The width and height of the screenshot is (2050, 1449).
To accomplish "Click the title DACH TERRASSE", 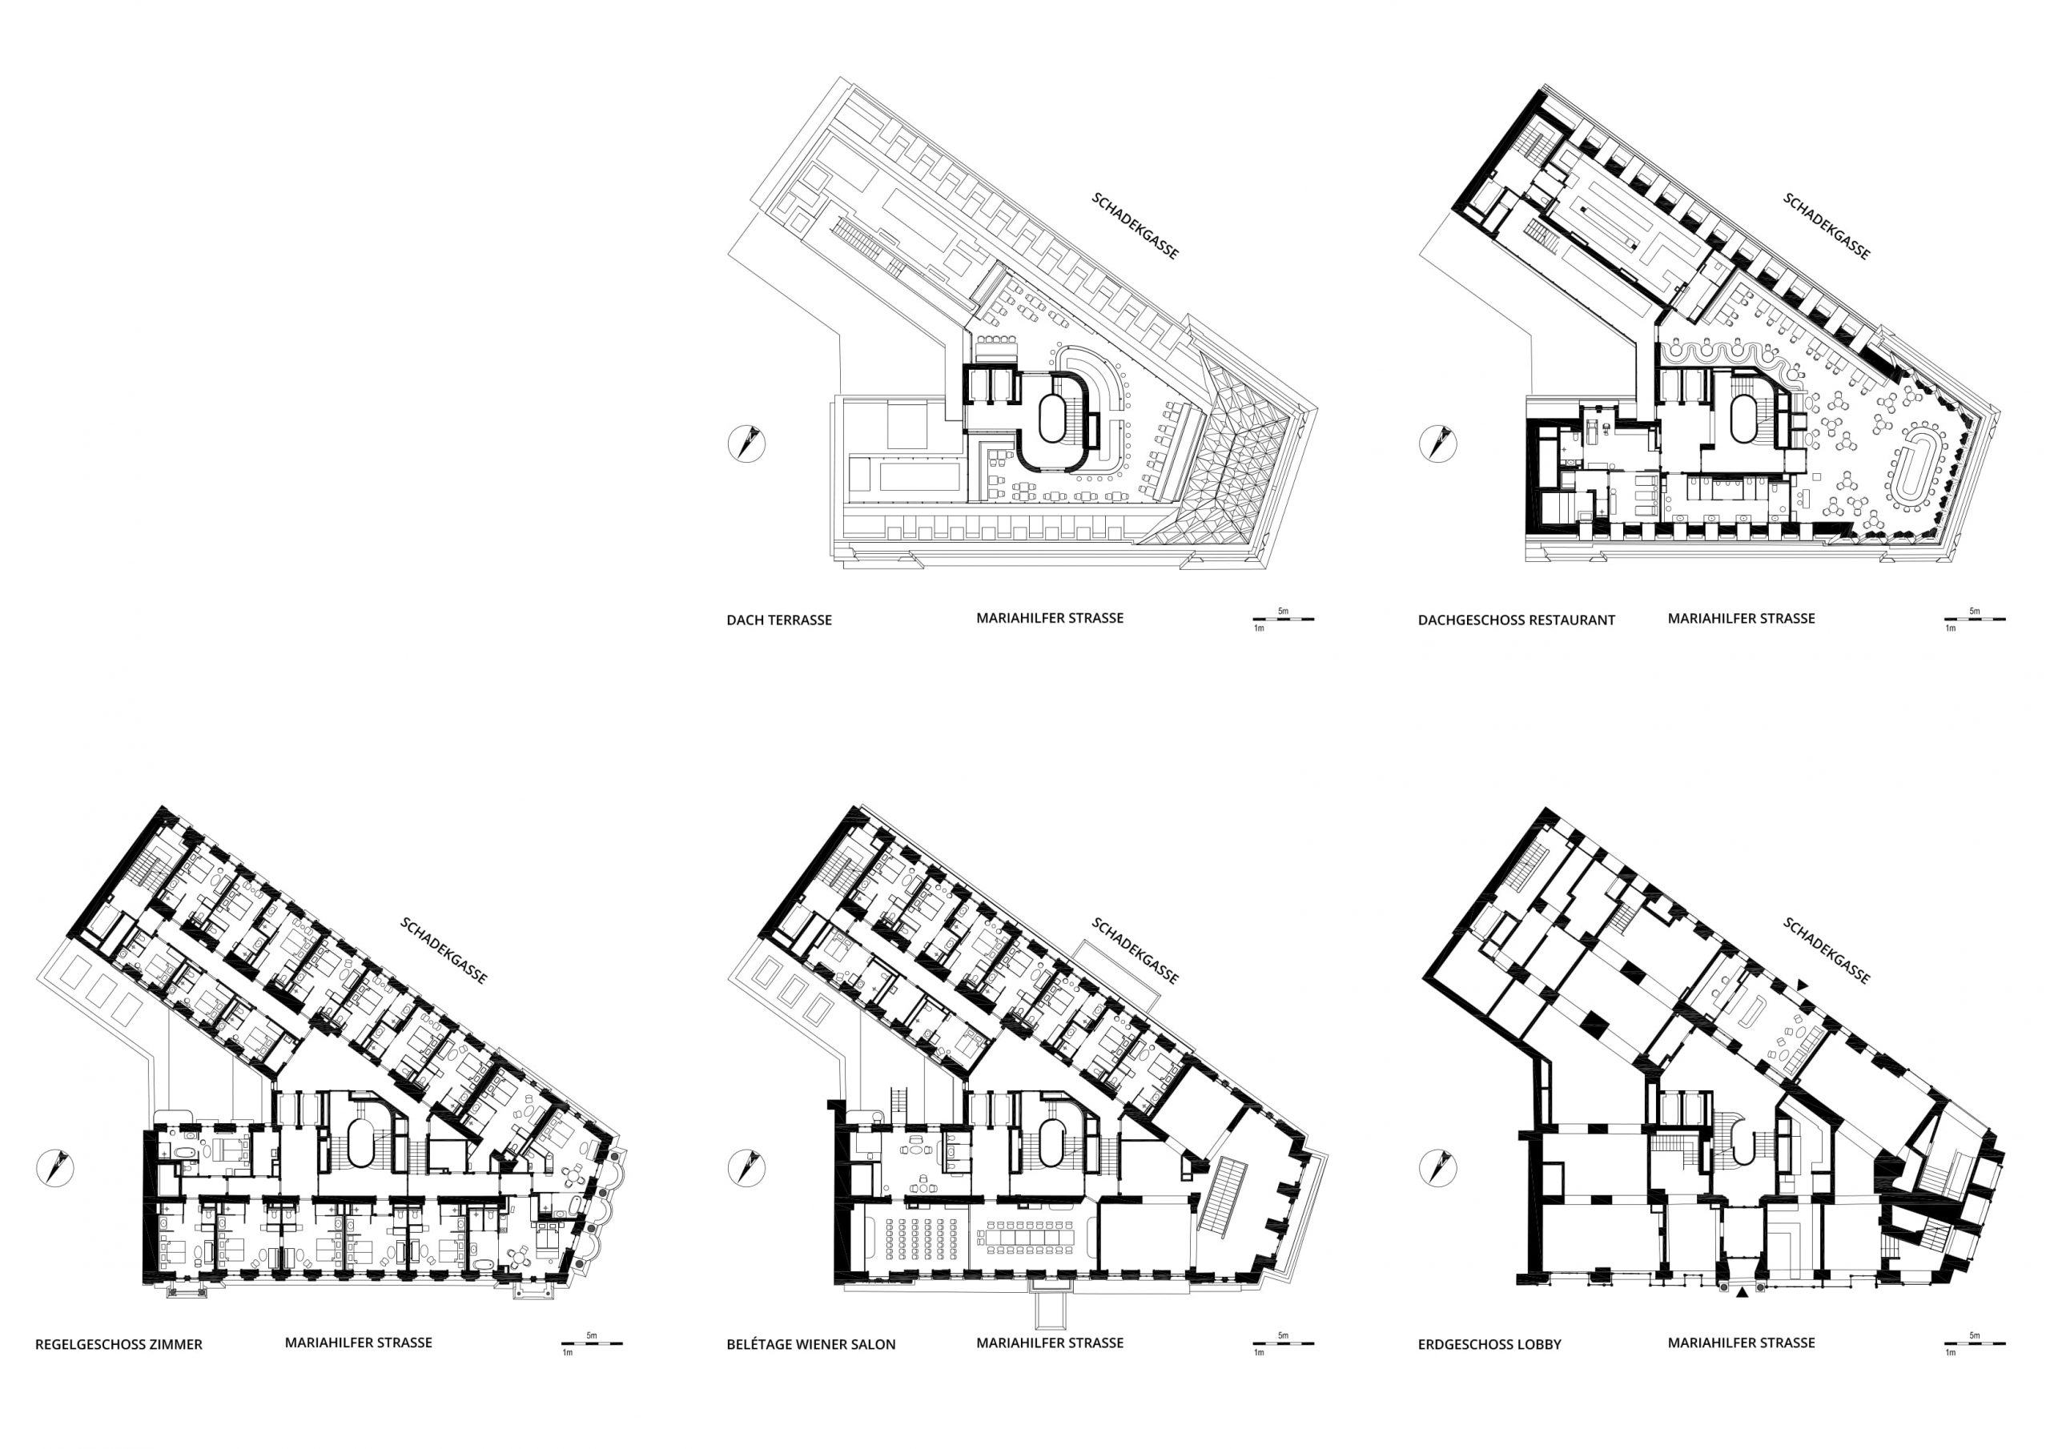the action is pos(778,620).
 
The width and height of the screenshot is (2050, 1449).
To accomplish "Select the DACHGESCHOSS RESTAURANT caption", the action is pos(1516,620).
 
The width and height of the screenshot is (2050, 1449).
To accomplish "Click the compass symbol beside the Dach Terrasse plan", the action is pos(746,444).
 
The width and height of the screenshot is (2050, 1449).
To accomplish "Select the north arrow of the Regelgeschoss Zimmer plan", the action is pos(55,1168).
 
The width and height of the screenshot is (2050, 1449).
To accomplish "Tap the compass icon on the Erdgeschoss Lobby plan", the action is pos(1437,1168).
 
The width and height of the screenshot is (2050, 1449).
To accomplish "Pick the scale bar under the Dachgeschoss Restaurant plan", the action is pos(1975,619).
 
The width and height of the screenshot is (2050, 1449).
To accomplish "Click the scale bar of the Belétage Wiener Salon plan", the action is pos(1284,1343).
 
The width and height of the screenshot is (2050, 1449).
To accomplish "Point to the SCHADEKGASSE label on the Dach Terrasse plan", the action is pos(1135,226).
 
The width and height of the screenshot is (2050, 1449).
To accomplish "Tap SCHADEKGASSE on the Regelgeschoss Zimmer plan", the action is pos(444,951).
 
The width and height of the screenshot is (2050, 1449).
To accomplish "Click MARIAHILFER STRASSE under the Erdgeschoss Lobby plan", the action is pos(1741,1343).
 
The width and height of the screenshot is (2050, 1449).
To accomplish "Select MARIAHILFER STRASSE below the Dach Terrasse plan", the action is pos(1050,618).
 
